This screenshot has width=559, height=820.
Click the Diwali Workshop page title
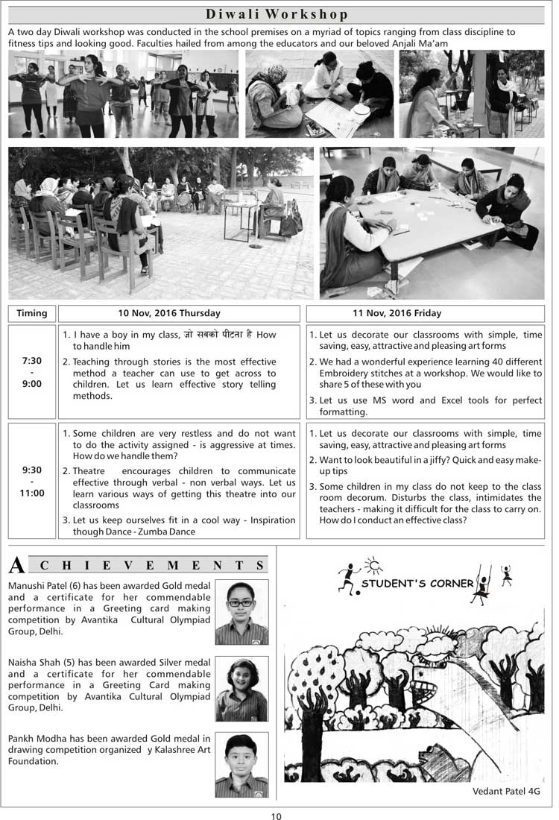click(x=277, y=15)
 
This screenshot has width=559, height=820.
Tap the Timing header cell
click(x=31, y=313)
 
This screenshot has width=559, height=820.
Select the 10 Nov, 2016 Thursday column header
click(x=180, y=313)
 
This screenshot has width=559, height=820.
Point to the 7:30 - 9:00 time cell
click(x=31, y=372)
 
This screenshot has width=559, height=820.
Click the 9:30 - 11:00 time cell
click(x=32, y=482)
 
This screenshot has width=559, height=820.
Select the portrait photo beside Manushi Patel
click(x=241, y=612)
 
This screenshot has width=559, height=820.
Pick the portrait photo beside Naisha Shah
click(x=241, y=689)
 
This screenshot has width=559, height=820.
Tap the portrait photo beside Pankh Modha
click(x=241, y=766)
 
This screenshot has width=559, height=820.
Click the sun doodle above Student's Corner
click(x=372, y=564)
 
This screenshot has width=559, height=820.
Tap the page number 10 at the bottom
click(x=277, y=816)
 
